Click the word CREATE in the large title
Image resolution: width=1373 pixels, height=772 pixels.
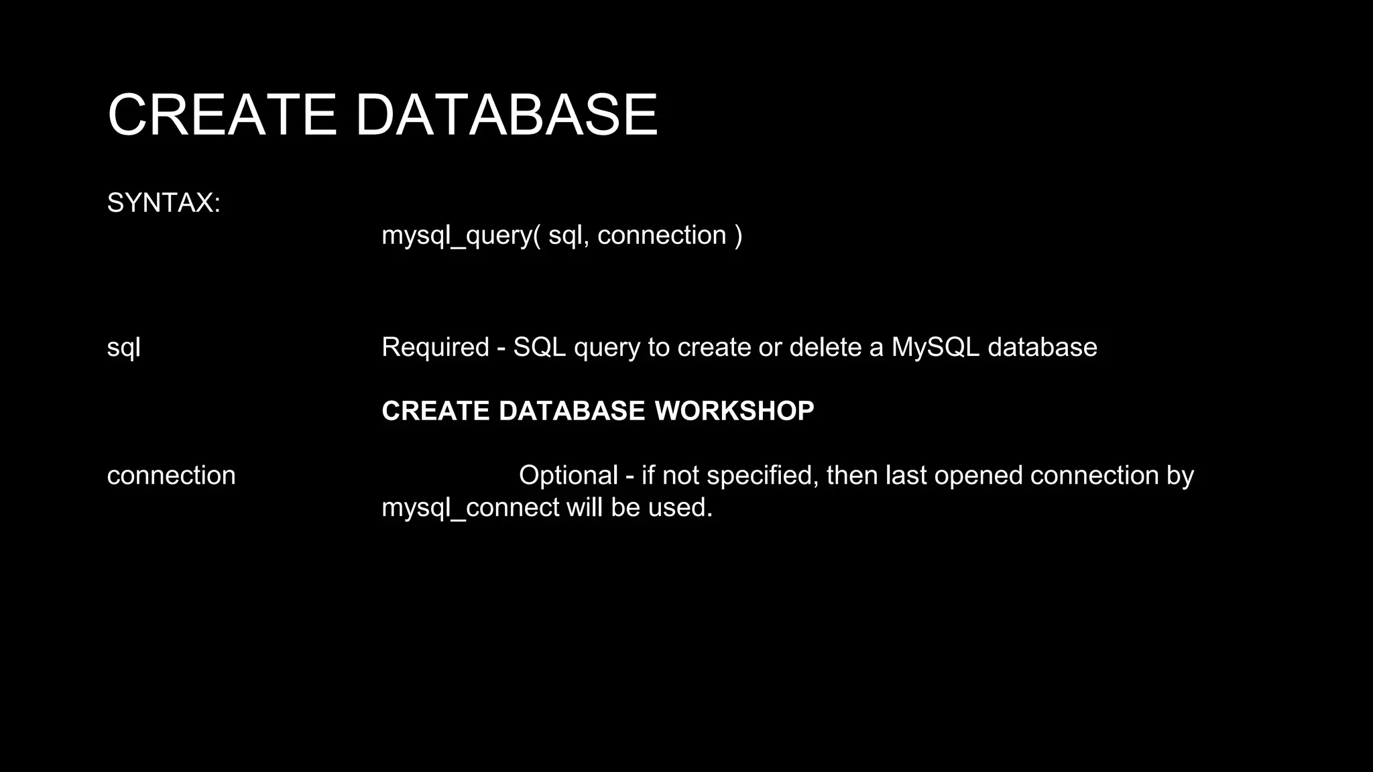222,115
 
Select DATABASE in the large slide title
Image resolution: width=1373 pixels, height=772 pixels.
506,115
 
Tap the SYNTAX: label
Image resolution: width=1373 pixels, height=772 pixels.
164,202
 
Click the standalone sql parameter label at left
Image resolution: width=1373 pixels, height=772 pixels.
123,347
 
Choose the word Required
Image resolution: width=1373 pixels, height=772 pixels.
435,347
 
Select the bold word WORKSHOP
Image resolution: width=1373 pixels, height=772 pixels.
734,411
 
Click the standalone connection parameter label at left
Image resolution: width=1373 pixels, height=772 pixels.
171,475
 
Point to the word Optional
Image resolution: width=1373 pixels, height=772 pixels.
568,475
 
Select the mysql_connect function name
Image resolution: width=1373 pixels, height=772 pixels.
470,507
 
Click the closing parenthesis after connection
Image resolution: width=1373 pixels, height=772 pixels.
738,235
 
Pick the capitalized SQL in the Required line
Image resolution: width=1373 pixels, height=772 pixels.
539,347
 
